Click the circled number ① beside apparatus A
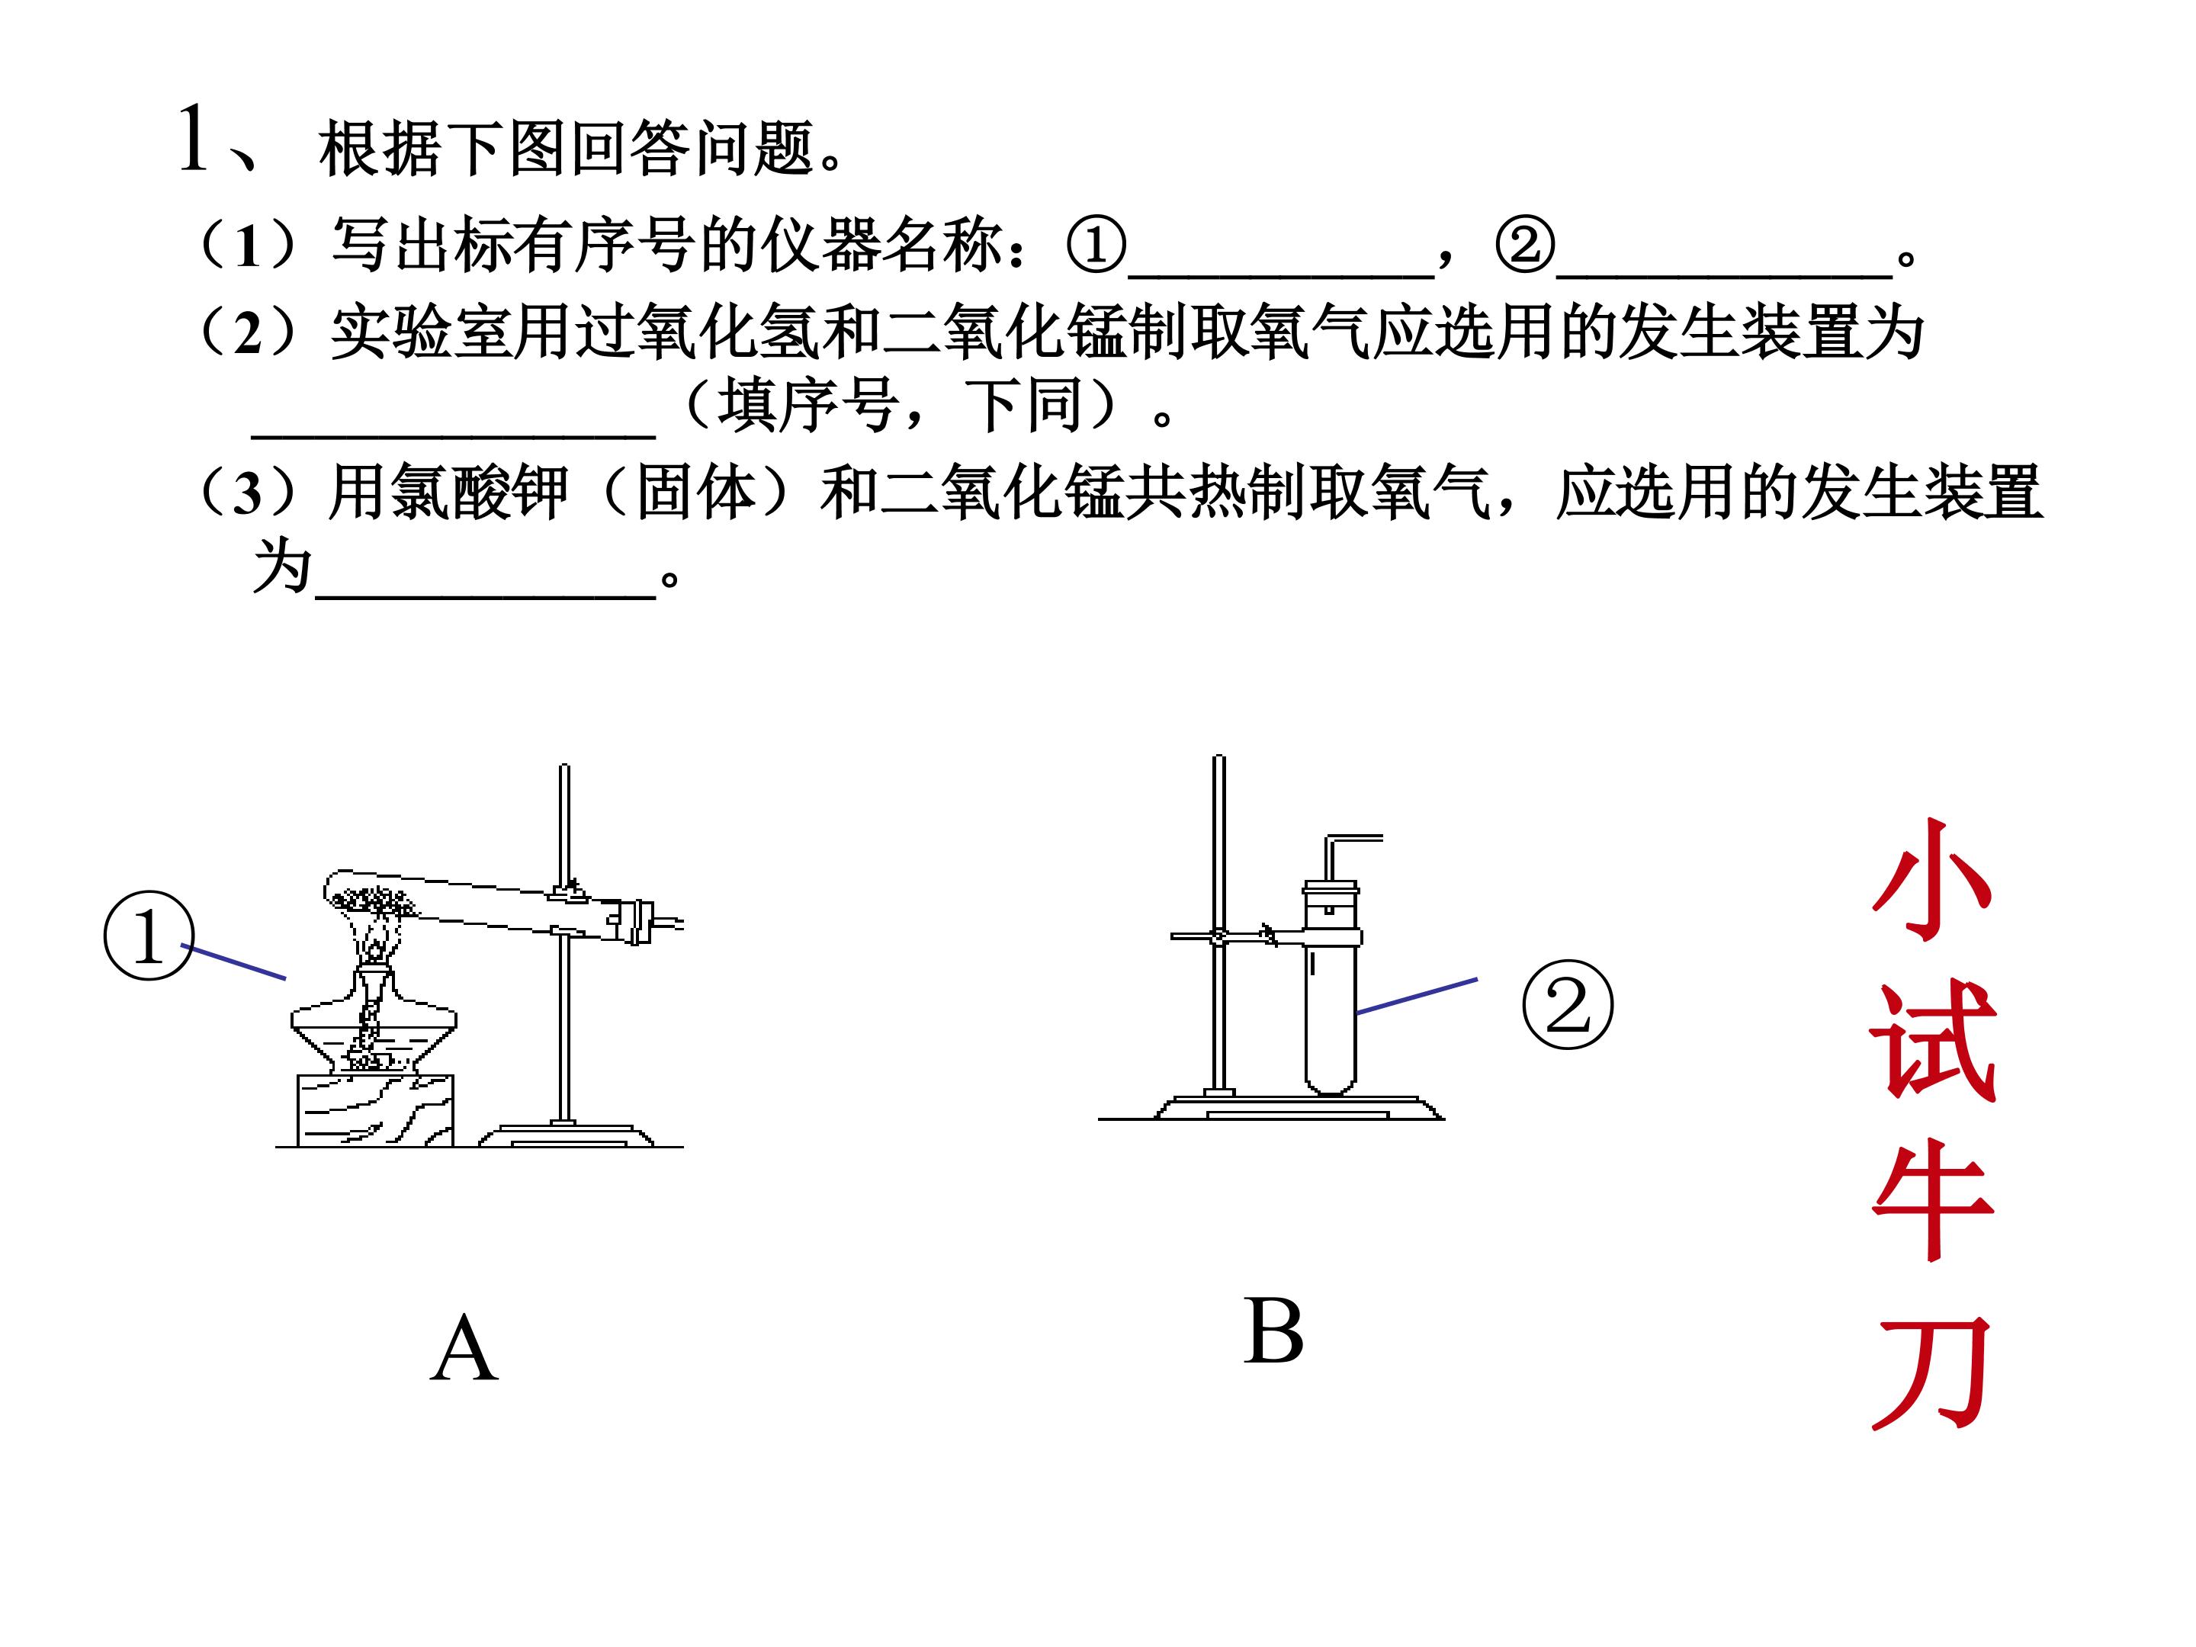pyautogui.click(x=149, y=935)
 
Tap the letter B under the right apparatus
pyautogui.click(x=1273, y=1331)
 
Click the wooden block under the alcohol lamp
pyautogui.click(x=375, y=1110)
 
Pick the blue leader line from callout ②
pyautogui.click(x=1417, y=996)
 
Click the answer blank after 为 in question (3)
pyautogui.click(x=486, y=596)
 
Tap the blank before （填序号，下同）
pyautogui.click(x=454, y=434)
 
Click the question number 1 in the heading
pyautogui.click(x=193, y=139)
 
